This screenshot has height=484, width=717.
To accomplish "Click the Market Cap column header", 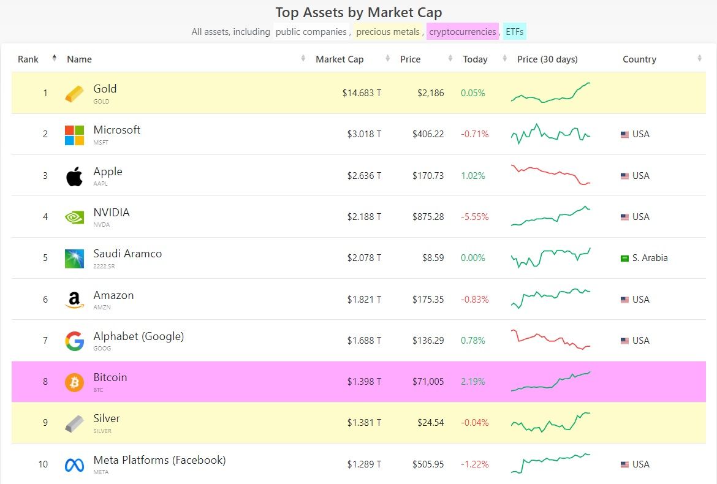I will pos(340,59).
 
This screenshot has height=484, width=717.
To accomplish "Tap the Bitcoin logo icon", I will pos(74,382).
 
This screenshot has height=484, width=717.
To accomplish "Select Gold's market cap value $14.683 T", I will pos(362,93).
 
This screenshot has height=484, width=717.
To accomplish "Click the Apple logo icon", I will pos(74,176).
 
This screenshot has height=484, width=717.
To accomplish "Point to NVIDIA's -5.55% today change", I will pos(475,217).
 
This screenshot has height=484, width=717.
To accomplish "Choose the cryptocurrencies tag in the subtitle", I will pos(463,32).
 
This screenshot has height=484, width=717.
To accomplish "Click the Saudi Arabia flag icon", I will pos(624,259).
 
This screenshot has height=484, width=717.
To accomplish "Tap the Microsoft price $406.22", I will pos(428,134).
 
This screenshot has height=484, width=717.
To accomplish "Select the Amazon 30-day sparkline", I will pos(550,298).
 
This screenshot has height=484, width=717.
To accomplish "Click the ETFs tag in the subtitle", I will pos(515,32).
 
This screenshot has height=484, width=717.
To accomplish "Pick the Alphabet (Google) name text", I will pos(138,336).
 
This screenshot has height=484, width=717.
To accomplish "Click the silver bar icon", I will pos(74,424).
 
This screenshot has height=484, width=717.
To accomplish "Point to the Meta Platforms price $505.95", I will pos(428,464).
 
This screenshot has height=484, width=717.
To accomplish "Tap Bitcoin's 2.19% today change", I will pos(473,382).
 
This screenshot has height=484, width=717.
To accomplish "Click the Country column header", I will pos(639,59).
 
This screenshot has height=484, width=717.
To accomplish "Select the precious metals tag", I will pos(388,32).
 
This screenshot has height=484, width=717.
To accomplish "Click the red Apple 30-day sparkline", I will pos(550,175).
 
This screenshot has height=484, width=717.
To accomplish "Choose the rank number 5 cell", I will pos(45,258).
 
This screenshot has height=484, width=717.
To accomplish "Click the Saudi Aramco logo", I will pos(74,259).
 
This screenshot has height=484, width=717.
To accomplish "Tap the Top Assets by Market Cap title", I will pos(358,12).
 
